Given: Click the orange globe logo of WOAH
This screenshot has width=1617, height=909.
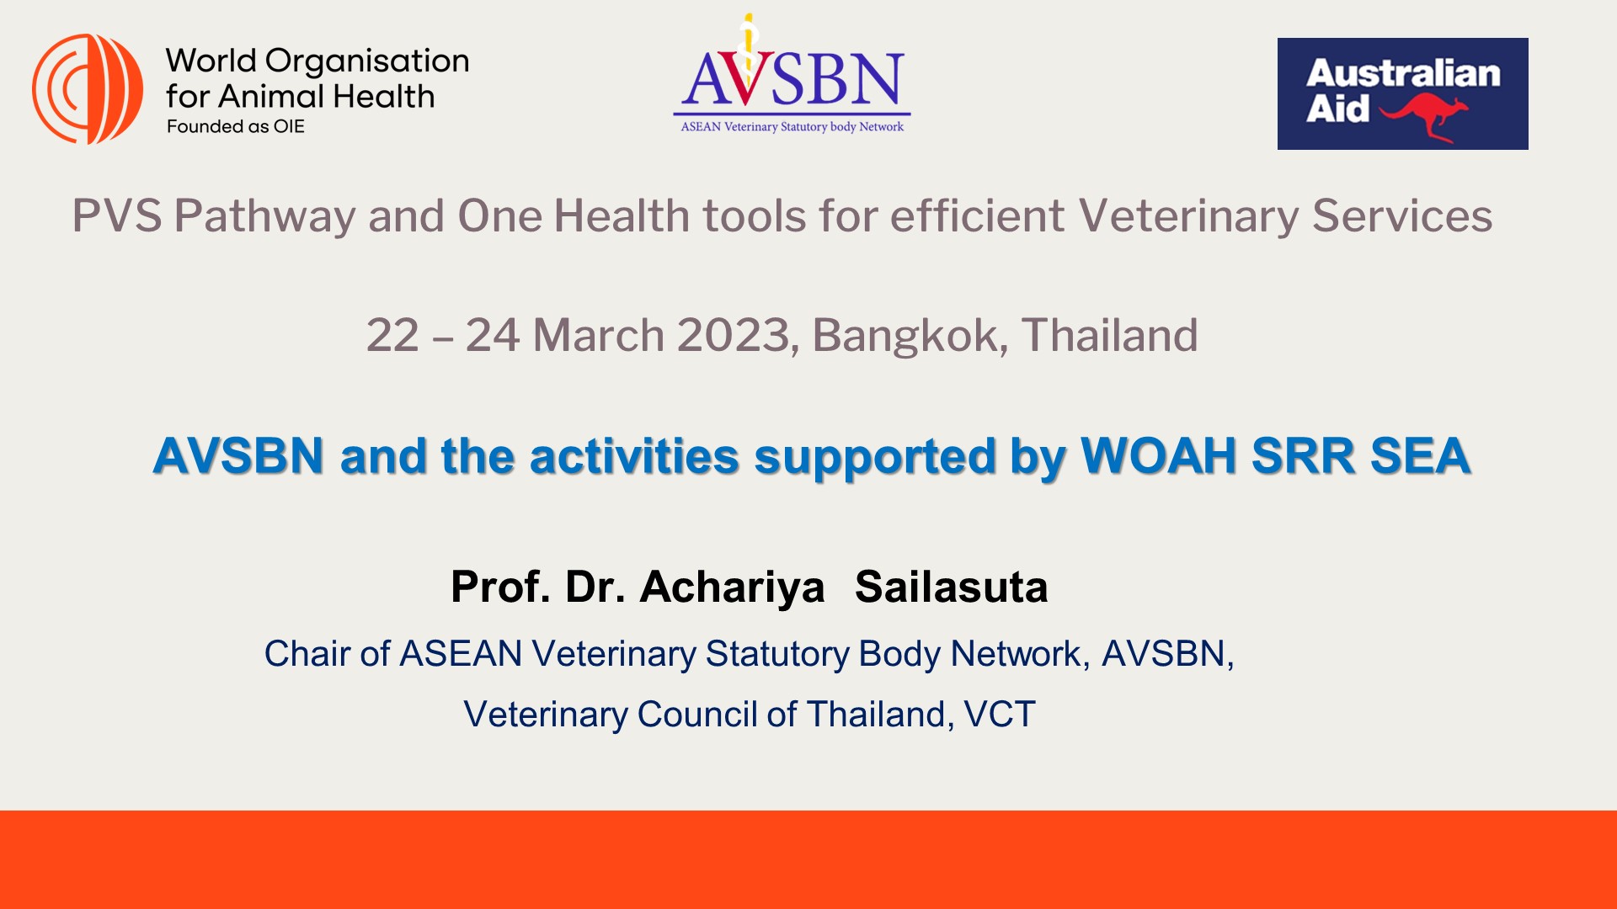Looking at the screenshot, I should click(x=87, y=89).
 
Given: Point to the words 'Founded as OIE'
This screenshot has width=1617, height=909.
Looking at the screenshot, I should click(x=236, y=127).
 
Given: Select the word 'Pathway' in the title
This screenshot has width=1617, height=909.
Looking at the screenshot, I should click(x=264, y=216).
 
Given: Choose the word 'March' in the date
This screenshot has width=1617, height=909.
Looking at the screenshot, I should click(x=598, y=336).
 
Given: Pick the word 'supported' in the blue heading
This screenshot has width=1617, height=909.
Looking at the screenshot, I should click(x=874, y=456).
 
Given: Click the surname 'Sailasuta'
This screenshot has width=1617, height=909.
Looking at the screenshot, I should click(x=951, y=587).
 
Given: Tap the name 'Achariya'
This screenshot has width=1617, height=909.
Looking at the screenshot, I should click(x=732, y=587).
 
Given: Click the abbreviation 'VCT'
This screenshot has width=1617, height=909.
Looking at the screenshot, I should click(x=1000, y=715).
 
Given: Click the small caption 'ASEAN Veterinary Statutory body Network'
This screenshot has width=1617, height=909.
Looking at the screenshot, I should click(x=792, y=127).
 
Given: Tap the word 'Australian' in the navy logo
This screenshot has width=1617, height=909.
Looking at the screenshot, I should click(x=1403, y=74).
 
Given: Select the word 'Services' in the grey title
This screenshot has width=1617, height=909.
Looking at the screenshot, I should click(x=1402, y=216).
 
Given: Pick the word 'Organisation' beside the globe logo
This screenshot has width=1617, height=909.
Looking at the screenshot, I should click(x=366, y=61).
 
